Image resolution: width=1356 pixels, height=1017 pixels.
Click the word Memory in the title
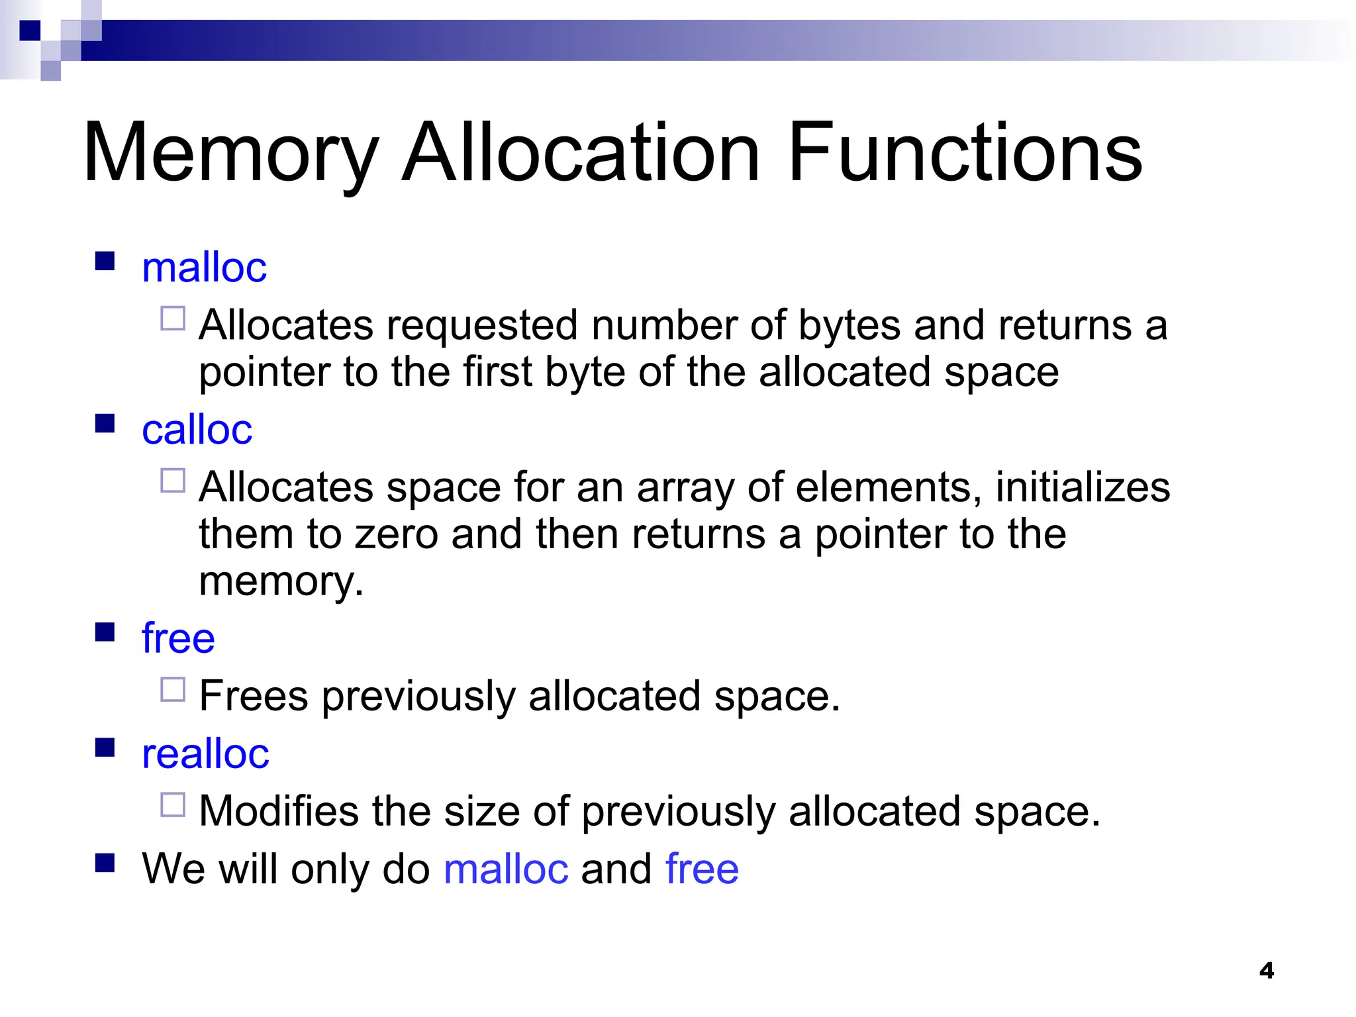pyautogui.click(x=230, y=154)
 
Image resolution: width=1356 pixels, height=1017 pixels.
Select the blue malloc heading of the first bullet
pyautogui.click(x=204, y=267)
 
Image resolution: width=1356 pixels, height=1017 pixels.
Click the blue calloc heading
pyautogui.click(x=197, y=430)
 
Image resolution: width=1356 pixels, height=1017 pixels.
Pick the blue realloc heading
pyautogui.click(x=205, y=753)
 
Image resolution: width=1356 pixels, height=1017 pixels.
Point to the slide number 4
pyautogui.click(x=1266, y=971)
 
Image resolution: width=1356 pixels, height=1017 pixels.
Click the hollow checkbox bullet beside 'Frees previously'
pyautogui.click(x=173, y=690)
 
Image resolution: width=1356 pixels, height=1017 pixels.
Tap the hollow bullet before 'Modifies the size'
pyautogui.click(x=173, y=805)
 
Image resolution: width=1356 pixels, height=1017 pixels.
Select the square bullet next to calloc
pyautogui.click(x=105, y=423)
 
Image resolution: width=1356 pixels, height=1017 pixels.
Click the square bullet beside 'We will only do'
pyautogui.click(x=105, y=863)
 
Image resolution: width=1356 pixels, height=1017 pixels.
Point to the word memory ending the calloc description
pyautogui.click(x=281, y=581)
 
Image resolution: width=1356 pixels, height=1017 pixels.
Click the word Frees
pyautogui.click(x=254, y=696)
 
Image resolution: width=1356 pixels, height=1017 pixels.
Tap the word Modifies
pyautogui.click(x=279, y=811)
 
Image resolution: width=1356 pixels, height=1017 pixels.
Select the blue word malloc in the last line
pyautogui.click(x=506, y=869)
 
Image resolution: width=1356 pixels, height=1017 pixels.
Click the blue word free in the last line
pyautogui.click(x=702, y=869)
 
